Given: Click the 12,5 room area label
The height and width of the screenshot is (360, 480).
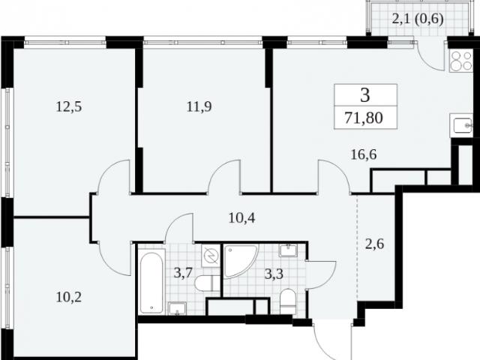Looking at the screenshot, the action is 69,106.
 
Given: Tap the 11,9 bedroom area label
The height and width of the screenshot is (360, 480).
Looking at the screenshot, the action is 199,106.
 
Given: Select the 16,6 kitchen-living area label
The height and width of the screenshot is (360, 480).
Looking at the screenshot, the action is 364,154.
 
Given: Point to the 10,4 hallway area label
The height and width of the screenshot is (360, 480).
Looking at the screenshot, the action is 241,218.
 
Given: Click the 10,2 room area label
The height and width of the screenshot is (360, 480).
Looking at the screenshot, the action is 69,297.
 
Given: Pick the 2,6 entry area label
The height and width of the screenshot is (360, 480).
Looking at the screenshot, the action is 375,244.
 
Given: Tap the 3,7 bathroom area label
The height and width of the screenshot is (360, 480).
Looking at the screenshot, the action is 183,272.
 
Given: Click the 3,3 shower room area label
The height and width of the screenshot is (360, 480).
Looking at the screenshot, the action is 274,274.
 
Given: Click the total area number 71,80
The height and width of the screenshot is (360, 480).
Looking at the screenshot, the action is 364,118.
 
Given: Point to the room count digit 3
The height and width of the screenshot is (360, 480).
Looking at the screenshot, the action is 365,95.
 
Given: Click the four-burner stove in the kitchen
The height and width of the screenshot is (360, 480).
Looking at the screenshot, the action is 460,61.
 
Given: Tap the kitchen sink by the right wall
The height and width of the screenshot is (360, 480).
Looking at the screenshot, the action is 461,125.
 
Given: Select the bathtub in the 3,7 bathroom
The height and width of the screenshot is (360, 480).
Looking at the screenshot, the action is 151,281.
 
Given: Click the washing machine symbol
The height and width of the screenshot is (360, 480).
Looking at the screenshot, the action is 211,256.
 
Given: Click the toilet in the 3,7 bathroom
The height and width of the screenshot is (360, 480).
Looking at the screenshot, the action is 208,283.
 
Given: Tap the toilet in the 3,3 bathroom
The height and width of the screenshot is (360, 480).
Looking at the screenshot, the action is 288,301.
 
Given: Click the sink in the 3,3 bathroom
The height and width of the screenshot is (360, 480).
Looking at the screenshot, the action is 288,250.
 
